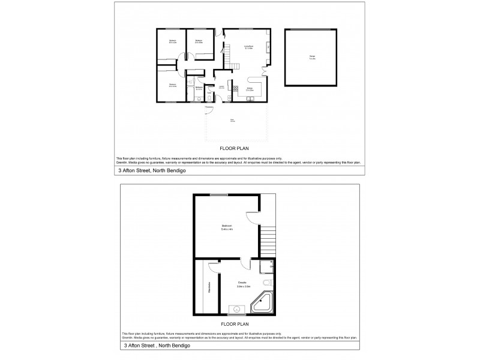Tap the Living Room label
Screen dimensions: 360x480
coord(247,47)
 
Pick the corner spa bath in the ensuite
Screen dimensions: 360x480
coord(263,306)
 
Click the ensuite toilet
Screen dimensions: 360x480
coord(268,283)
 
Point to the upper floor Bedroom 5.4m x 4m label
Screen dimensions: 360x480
coord(227,227)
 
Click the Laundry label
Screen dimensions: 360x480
coord(221,88)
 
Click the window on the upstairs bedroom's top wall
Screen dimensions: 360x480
coord(219,194)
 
